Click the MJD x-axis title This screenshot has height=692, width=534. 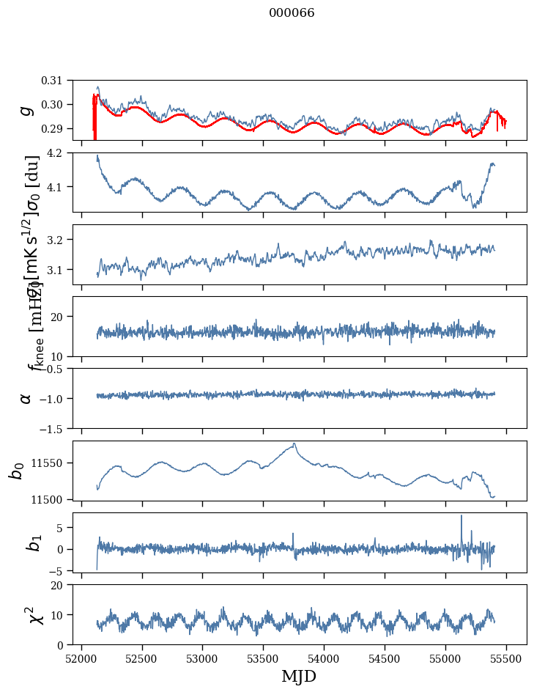click(299, 676)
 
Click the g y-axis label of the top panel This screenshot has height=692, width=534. click(26, 110)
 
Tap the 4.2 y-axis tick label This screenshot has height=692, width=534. click(64, 153)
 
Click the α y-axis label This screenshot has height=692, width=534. click(26, 398)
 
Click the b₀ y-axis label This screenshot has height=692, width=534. click(16, 470)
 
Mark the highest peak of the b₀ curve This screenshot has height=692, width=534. click(294, 443)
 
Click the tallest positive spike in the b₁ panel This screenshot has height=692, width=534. click(461, 515)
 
